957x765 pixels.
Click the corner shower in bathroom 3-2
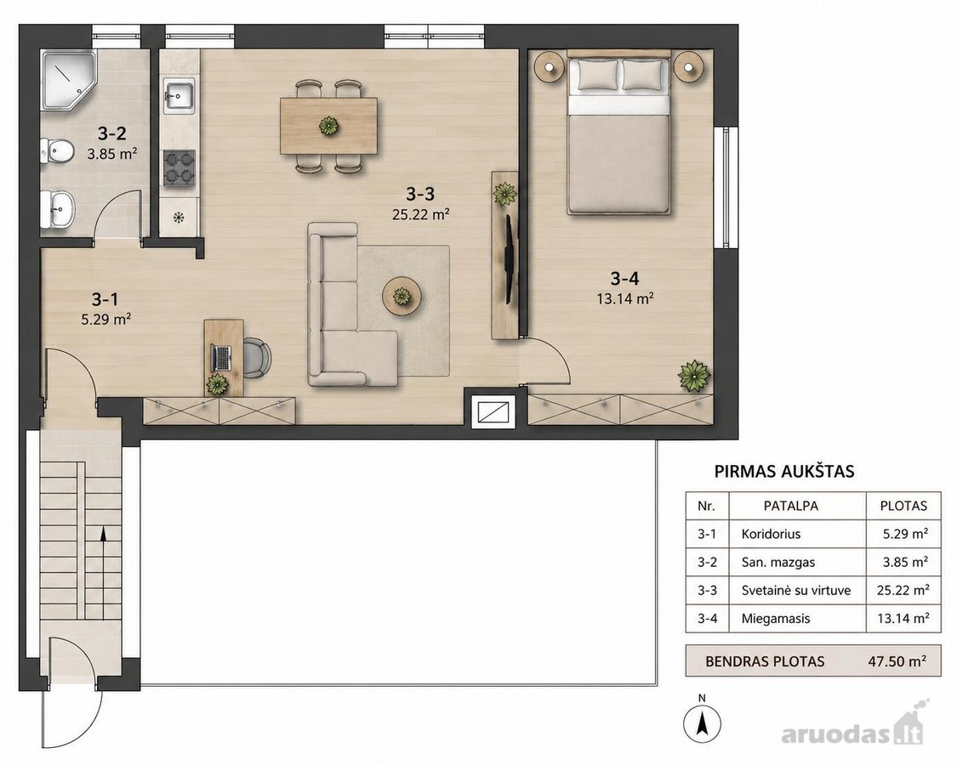[68, 80]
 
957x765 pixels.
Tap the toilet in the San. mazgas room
[56, 150]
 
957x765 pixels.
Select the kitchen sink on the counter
[179, 95]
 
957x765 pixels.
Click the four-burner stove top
[179, 167]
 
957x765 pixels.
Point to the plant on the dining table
[328, 126]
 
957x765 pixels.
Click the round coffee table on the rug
[402, 297]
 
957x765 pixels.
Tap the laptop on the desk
[221, 358]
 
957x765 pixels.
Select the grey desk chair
[257, 358]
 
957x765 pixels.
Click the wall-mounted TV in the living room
[509, 258]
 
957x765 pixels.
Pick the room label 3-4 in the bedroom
[624, 279]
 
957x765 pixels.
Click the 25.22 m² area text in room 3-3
[421, 215]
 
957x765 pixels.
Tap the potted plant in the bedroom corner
[694, 375]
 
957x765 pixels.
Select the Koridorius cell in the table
[771, 534]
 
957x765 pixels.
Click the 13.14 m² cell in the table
[903, 618]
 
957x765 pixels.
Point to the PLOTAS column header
[903, 506]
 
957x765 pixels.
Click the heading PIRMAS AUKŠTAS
[784, 471]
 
